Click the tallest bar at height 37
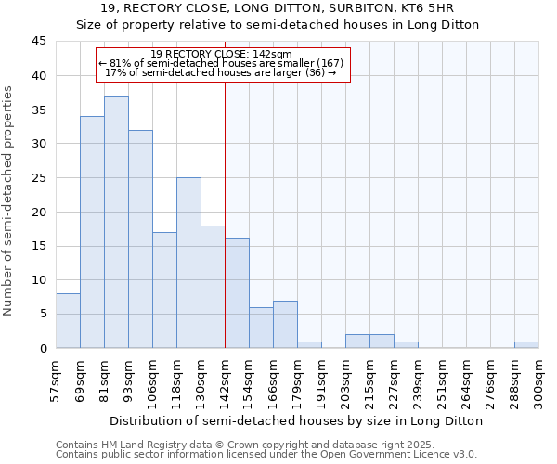pyautogui.click(x=116, y=222)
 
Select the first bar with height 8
pyautogui.click(x=68, y=320)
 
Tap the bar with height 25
pyautogui.click(x=188, y=263)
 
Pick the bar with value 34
pyautogui.click(x=92, y=232)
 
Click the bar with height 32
pyautogui.click(x=140, y=238)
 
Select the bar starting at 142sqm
pyautogui.click(x=237, y=293)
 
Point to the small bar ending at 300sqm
pyautogui.click(x=526, y=344)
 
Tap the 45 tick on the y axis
pyautogui.click(x=39, y=42)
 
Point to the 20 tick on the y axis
pyautogui.click(x=39, y=212)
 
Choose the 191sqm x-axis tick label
pyautogui.click(x=322, y=381)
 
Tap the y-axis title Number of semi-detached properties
pyautogui.click(x=9, y=200)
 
